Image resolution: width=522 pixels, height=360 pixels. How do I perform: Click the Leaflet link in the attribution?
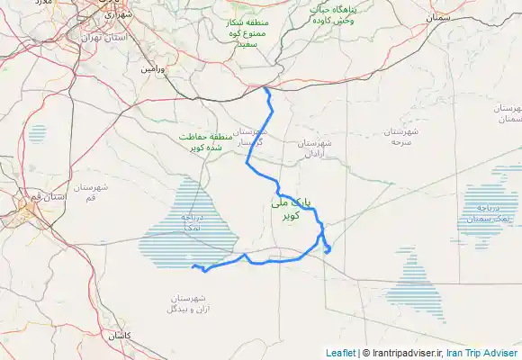click(x=341, y=353)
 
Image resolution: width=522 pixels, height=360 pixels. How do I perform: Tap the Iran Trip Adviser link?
click(x=483, y=353)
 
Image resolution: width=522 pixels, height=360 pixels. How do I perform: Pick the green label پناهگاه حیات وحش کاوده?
click(x=335, y=14)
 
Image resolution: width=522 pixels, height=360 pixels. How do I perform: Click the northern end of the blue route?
click(x=265, y=88)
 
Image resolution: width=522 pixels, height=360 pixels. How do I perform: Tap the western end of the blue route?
click(x=193, y=265)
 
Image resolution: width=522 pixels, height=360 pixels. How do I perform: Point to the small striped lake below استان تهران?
click(x=36, y=134)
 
